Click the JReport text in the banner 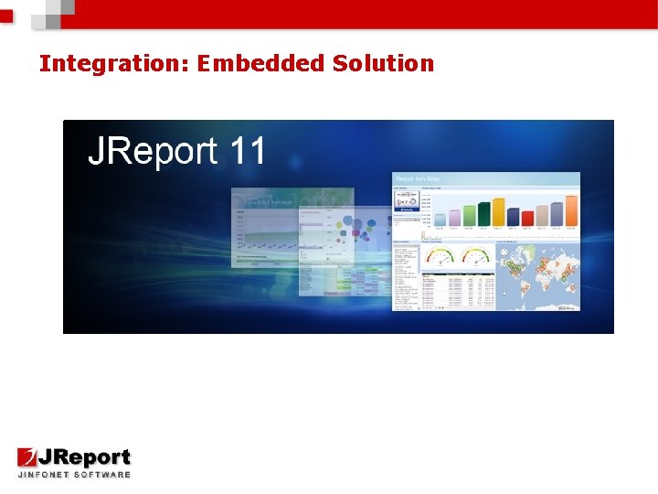154,151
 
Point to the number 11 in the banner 248,151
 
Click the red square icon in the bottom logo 27,457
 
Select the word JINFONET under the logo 45,475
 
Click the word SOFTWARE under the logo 103,475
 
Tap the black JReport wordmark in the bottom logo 85,457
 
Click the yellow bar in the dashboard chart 498,211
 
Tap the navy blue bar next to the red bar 513,217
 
